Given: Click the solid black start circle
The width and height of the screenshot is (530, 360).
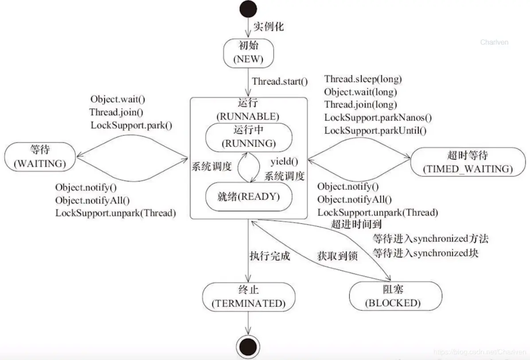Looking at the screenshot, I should pyautogui.click(x=247, y=9).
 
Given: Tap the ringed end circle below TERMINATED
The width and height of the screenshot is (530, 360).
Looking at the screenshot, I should pyautogui.click(x=247, y=345).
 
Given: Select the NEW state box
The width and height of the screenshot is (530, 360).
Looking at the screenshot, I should pyautogui.click(x=248, y=53).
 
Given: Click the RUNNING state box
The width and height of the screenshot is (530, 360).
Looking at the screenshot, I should pyautogui.click(x=248, y=137).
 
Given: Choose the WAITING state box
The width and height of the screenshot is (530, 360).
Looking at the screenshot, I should pyautogui.click(x=39, y=157).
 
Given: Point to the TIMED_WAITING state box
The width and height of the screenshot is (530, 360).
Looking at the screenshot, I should pyautogui.click(x=468, y=162).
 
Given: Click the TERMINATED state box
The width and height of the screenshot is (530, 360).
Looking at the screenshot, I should pyautogui.click(x=248, y=297).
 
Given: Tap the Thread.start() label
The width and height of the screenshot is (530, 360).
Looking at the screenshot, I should pyautogui.click(x=280, y=81).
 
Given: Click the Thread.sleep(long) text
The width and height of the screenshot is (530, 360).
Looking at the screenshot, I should pyautogui.click(x=363, y=79).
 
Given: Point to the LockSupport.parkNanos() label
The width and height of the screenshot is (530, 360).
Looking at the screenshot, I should pyautogui.click(x=378, y=117).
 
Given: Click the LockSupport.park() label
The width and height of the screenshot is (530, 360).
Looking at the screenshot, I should pyautogui.click(x=131, y=125).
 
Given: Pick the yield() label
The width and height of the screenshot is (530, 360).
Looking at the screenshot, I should pyautogui.click(x=284, y=162).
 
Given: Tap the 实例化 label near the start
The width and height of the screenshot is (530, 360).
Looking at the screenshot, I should pyautogui.click(x=268, y=27).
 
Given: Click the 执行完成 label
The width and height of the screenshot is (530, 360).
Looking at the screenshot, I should pyautogui.click(x=269, y=255).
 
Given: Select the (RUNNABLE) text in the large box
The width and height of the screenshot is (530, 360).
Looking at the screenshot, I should pyautogui.click(x=248, y=117).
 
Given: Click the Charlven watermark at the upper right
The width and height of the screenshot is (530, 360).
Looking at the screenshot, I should pyautogui.click(x=494, y=43).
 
